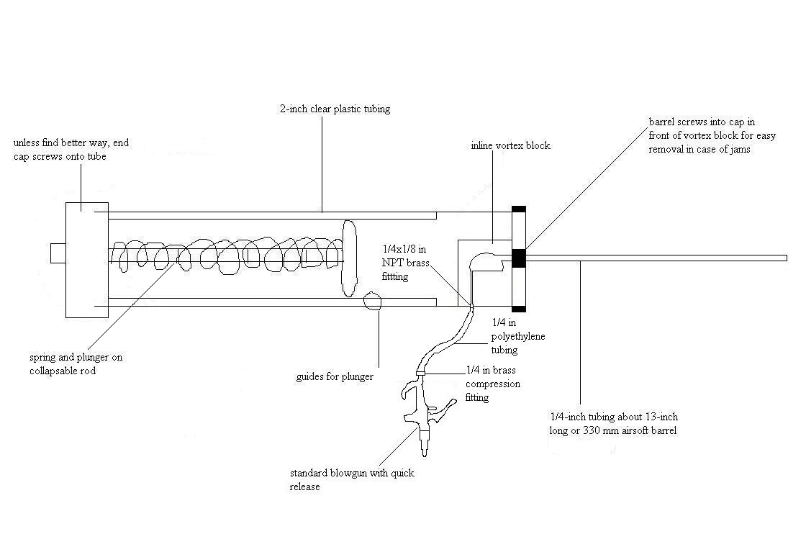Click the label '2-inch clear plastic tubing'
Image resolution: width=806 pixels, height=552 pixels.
tap(335, 109)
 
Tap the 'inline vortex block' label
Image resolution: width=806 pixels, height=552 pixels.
tap(505, 145)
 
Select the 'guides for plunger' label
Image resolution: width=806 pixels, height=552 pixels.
tap(335, 376)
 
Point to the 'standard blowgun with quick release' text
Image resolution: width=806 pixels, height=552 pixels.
tap(352, 480)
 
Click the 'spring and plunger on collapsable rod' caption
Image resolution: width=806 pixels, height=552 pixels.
tap(71, 363)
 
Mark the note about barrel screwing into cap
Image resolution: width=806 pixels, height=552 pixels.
tap(712, 136)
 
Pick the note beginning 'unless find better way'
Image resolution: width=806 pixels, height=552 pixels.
tap(71, 150)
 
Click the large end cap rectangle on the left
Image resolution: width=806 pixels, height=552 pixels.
tap(86, 259)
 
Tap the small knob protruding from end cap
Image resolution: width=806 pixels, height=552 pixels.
tap(58, 253)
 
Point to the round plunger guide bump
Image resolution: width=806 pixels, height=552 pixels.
tap(373, 300)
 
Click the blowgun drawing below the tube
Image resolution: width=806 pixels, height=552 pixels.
tap(425, 414)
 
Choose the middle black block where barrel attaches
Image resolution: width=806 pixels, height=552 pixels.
tap(518, 257)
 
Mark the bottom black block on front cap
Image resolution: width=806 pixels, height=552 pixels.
tap(518, 309)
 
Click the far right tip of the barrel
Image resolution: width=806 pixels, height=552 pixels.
tap(784, 258)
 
